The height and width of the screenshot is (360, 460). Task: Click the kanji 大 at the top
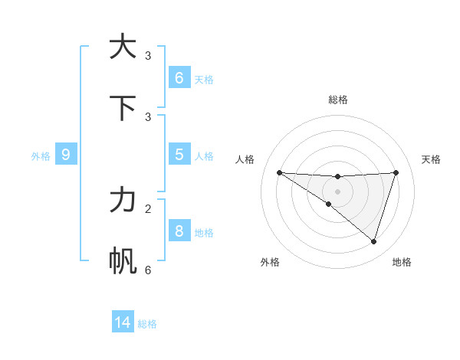123,47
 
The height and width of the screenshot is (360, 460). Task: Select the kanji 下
123,108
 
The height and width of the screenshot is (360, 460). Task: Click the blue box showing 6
179,77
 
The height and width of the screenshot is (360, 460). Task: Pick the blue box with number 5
179,155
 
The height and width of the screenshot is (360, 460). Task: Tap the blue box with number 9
66,155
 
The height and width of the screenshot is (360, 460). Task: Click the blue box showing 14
123,322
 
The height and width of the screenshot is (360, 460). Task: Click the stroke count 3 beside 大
148,55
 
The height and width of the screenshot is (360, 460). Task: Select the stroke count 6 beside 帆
148,270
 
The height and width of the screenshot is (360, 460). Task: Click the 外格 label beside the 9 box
41,156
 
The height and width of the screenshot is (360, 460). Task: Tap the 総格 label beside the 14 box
147,324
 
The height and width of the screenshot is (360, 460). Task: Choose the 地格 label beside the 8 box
204,233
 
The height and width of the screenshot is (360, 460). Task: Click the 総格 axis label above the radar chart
338,100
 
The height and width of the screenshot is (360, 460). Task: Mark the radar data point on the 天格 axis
396,172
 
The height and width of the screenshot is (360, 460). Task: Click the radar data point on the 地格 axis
373,241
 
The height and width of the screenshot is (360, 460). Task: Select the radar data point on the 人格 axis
279,172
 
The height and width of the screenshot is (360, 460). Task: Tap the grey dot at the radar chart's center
338,191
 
